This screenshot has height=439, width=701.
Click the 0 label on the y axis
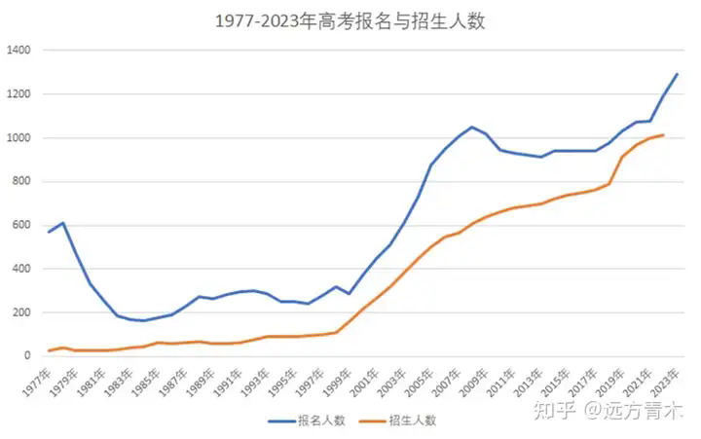click(x=28, y=356)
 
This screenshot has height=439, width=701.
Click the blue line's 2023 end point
click(x=677, y=74)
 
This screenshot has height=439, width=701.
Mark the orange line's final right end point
click(x=663, y=135)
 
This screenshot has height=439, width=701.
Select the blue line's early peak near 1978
click(x=62, y=223)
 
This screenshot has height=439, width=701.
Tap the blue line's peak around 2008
click(x=472, y=127)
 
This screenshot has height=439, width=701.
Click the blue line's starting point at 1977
click(x=49, y=232)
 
